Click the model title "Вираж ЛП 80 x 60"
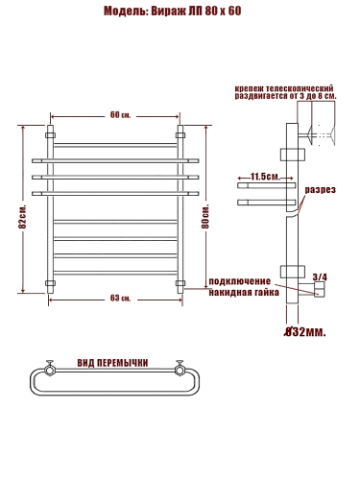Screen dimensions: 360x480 (x=196, y=12)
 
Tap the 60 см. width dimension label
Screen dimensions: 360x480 (x=120, y=115)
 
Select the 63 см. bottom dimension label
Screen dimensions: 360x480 (x=120, y=299)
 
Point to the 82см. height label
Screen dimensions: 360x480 (x=22, y=216)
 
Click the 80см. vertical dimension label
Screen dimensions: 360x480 (x=205, y=216)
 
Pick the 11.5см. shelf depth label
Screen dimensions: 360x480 (x=265, y=177)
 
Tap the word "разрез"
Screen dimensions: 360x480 (x=320, y=190)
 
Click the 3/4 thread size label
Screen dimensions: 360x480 (x=320, y=276)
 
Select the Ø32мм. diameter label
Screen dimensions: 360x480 (x=305, y=332)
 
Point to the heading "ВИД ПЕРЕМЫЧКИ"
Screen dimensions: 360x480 (x=112, y=363)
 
